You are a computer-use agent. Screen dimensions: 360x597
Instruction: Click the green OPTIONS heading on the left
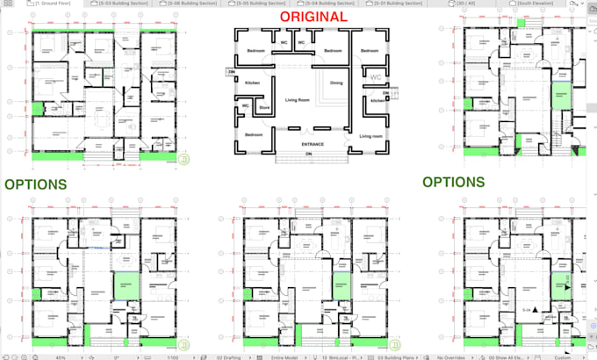pyautogui.click(x=35, y=184)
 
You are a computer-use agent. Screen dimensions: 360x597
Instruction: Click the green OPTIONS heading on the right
pyautogui.click(x=453, y=182)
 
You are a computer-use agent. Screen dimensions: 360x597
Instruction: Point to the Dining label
pyautogui.click(x=336, y=83)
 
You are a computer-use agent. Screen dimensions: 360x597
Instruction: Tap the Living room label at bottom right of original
pyautogui.click(x=371, y=135)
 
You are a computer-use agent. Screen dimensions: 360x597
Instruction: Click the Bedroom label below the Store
pyautogui.click(x=253, y=134)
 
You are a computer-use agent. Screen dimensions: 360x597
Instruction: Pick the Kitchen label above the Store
pyautogui.click(x=252, y=83)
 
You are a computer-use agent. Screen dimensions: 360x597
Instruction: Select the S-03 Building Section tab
pyautogui.click(x=121, y=4)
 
